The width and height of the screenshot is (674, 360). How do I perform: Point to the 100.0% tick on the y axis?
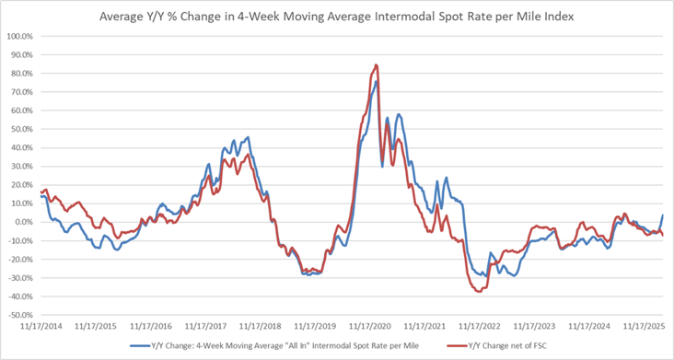click(x=20, y=37)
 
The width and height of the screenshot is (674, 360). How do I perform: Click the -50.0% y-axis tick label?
click(x=20, y=315)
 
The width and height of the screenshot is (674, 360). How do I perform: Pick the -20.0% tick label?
click(x=20, y=259)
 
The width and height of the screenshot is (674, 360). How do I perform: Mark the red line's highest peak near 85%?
click(x=376, y=65)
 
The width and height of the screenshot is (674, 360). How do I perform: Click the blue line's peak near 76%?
click(x=376, y=81)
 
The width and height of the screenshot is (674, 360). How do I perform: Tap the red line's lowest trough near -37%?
click(x=478, y=291)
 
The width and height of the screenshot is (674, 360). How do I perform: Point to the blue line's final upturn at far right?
click(x=663, y=216)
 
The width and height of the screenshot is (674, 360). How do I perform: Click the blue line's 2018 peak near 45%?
click(x=247, y=137)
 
